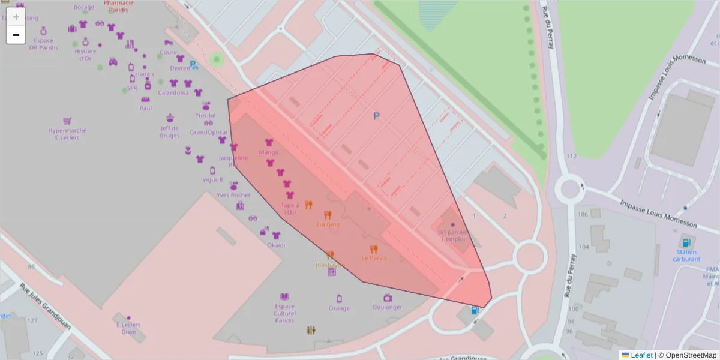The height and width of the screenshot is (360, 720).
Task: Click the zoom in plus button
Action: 16,17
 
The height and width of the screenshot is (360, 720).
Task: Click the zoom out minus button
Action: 16,35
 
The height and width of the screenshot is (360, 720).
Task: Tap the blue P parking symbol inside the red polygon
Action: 376,116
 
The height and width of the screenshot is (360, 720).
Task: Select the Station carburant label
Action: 686,256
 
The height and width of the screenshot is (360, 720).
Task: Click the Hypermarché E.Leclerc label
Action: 67,134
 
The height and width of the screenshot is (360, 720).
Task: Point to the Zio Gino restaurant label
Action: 328,224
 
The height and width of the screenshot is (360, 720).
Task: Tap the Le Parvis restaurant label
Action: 374,258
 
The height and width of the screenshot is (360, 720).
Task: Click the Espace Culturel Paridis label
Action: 284,313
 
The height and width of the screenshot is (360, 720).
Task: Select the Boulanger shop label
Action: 388,307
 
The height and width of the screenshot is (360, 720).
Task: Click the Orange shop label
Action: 339,308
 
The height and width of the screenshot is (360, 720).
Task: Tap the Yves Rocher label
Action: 233,195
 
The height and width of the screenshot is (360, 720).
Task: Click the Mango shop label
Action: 269,152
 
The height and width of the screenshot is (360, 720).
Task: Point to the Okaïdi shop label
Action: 276,245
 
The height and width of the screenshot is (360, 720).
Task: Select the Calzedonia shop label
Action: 173,93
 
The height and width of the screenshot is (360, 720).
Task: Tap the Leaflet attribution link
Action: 641,355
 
